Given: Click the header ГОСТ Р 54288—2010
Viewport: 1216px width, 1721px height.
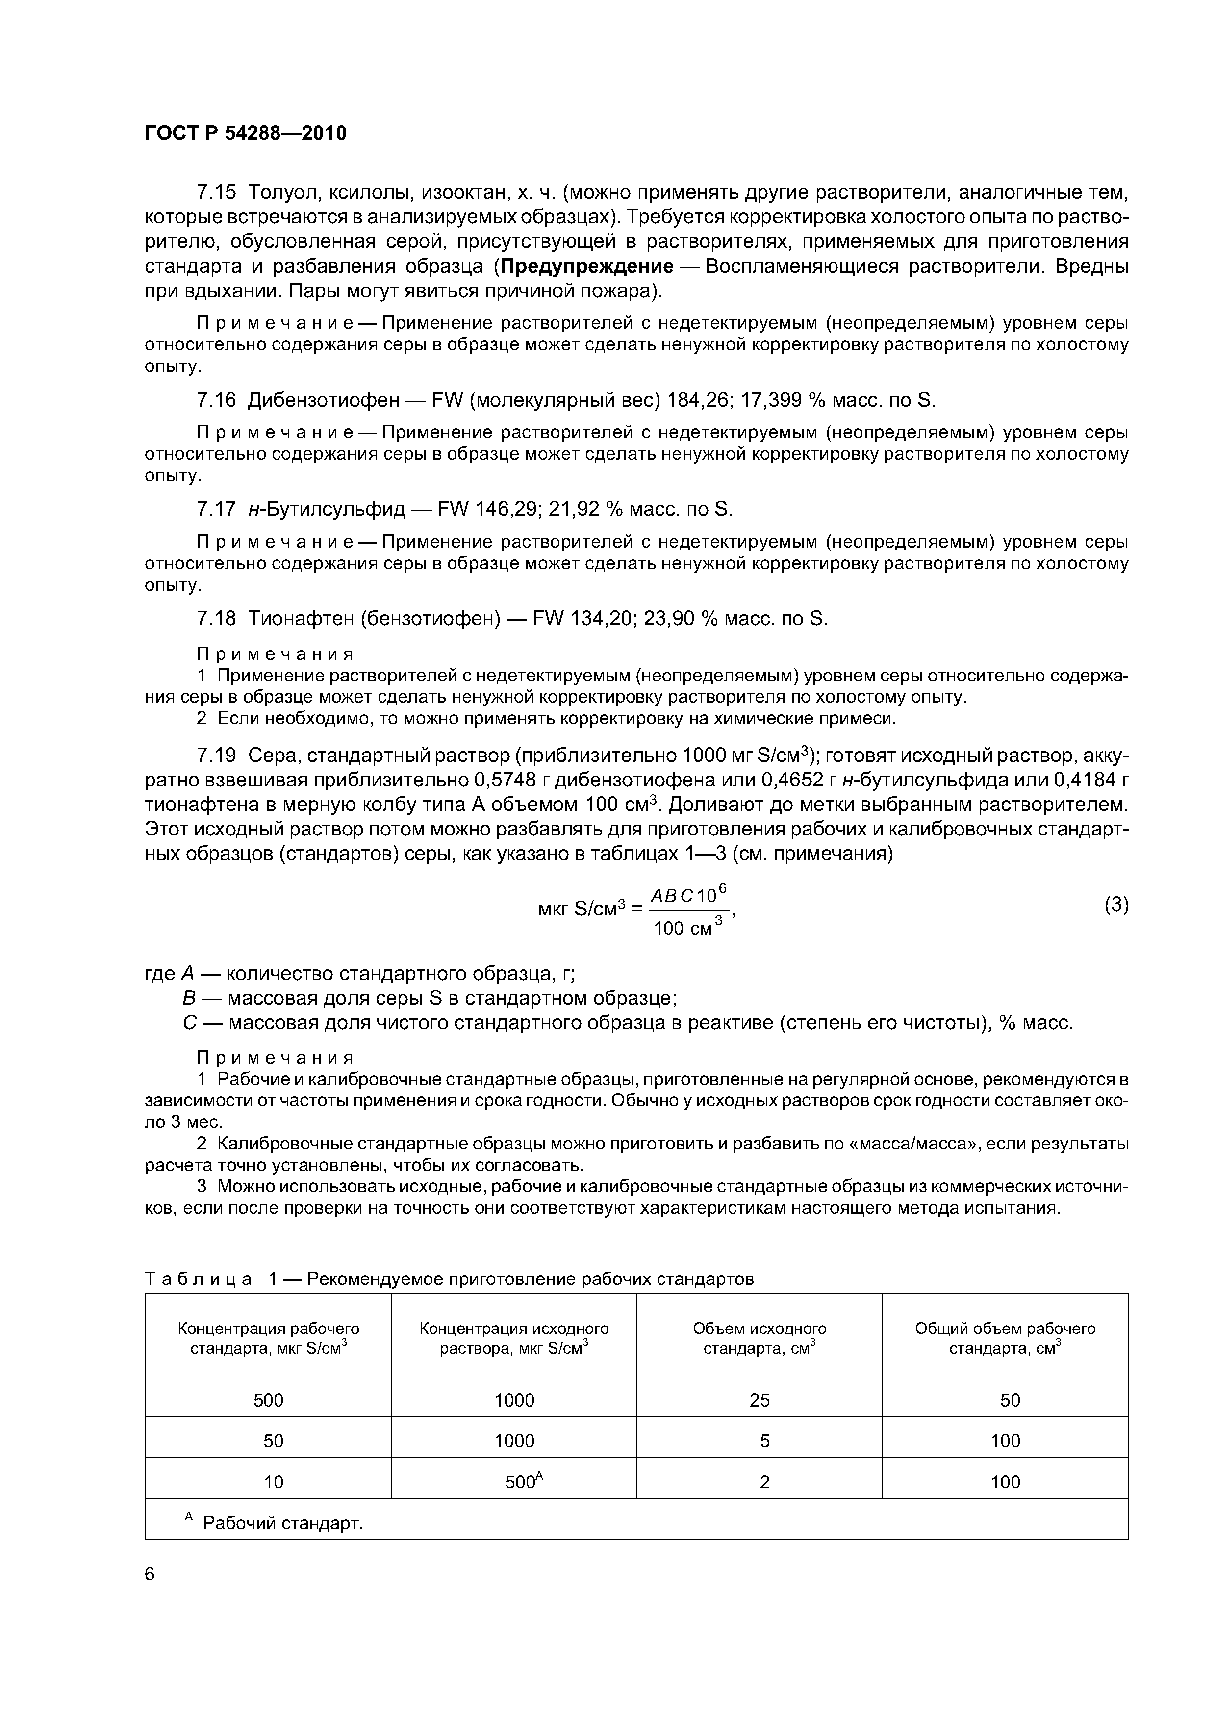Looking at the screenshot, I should [246, 133].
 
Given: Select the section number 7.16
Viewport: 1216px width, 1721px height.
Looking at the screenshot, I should [216, 401].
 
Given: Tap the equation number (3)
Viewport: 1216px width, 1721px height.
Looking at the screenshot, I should [1115, 905].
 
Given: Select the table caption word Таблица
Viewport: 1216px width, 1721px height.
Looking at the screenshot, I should [198, 1279].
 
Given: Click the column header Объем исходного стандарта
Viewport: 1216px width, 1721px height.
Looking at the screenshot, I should [759, 1338].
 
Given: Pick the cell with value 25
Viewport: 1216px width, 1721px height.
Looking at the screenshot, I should [759, 1400].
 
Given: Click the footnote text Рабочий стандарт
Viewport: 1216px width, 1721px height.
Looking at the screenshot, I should [282, 1523].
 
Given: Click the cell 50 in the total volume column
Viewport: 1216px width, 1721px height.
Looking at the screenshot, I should [1010, 1400].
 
